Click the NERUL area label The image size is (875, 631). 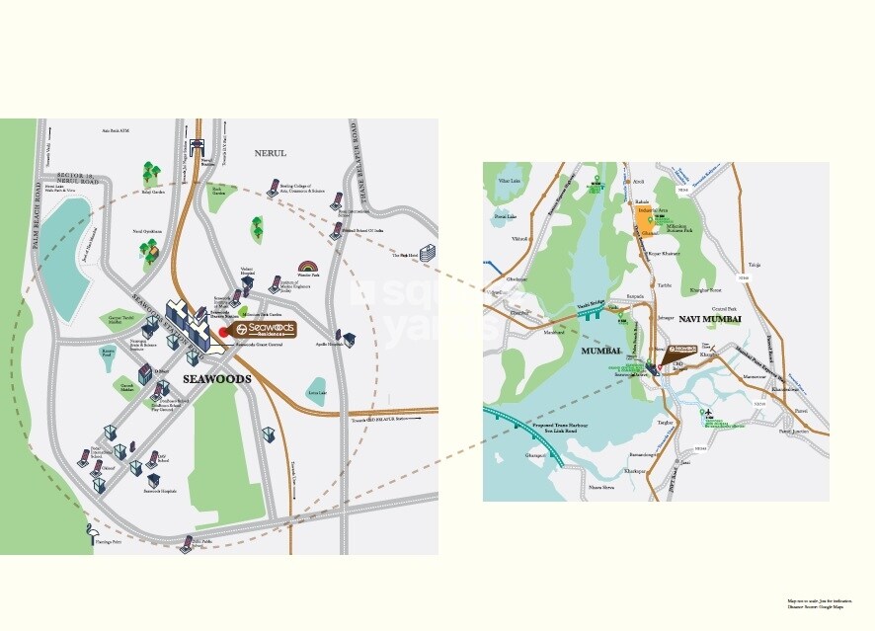[270, 153]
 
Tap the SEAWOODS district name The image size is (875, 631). [216, 379]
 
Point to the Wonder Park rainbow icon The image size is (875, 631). [308, 269]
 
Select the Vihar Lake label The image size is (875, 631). [510, 182]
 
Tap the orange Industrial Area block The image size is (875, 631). [644, 217]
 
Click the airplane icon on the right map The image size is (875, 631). [707, 410]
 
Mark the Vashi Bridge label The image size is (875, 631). [590, 307]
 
